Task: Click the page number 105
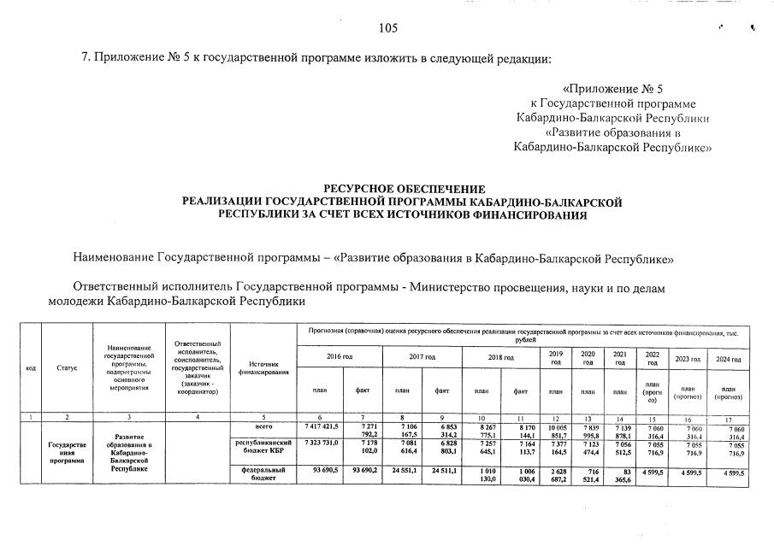tap(388, 29)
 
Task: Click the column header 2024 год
tap(728, 360)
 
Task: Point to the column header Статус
tap(67, 367)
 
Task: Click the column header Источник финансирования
tap(262, 367)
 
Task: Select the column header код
tap(30, 367)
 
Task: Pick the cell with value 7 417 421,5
tap(321, 426)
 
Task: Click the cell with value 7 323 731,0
tap(321, 443)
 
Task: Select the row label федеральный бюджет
tap(262, 474)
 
